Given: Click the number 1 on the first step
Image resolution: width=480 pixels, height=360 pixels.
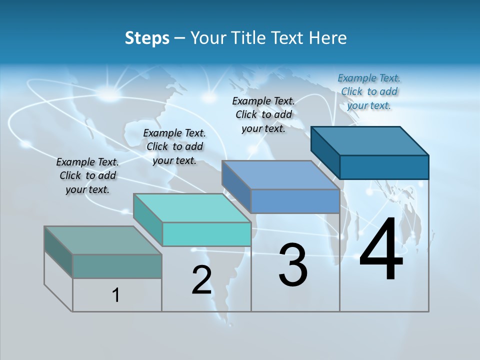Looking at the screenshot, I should pos(115,295).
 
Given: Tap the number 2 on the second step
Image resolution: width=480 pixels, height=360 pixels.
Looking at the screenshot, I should pos(201,280).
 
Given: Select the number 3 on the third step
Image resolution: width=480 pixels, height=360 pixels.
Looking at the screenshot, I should pos(293,265).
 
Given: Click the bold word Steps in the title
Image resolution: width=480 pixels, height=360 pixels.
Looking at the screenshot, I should pos(147,38).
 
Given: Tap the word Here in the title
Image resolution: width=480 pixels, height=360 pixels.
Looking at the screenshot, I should pos(328,38).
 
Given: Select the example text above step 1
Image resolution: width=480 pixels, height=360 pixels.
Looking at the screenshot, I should pos(87,175).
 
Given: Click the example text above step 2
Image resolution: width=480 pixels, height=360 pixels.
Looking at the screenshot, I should pos(174,146).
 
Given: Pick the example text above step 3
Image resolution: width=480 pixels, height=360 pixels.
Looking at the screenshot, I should pos(263,114).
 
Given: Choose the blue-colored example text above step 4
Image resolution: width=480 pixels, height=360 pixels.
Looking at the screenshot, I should pos(369,91).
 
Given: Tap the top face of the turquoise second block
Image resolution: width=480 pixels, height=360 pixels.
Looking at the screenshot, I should pos(192,208).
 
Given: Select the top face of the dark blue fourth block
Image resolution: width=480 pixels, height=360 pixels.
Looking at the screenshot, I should pos(370,141).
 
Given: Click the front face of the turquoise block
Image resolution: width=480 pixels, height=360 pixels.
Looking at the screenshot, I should pos(206,234).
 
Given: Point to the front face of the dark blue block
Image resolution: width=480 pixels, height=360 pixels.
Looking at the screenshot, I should pos(384,167).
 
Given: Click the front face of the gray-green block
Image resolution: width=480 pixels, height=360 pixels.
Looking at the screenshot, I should pos(117,266).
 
